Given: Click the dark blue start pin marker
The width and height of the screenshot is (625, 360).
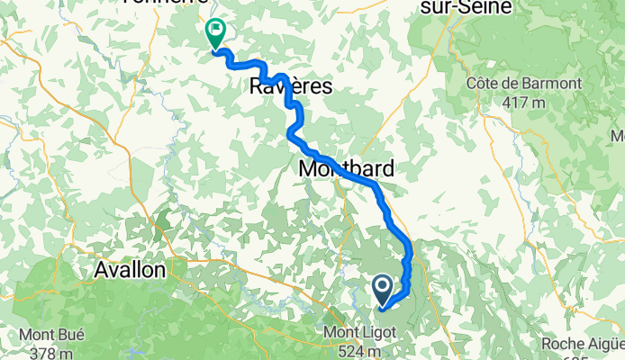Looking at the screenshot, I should pyautogui.click(x=382, y=289).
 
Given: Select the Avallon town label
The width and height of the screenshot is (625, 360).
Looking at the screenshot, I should pyautogui.click(x=130, y=269).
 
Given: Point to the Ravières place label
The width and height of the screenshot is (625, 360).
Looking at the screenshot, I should pyautogui.click(x=290, y=86).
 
